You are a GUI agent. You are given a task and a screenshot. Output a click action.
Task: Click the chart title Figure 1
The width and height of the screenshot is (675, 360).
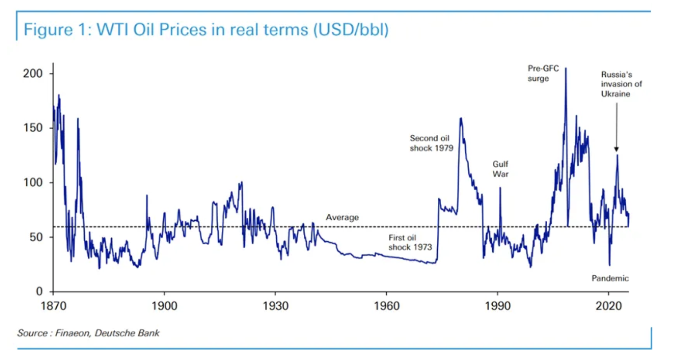[206, 30]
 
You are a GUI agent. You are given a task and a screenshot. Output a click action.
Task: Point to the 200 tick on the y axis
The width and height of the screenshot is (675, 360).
[33, 74]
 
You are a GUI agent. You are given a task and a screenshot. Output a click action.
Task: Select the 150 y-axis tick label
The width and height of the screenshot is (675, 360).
[33, 128]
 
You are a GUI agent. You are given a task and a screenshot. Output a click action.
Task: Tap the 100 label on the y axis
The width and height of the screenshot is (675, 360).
[33, 183]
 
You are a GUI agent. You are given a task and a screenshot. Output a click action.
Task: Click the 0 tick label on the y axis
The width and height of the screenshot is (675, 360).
[39, 292]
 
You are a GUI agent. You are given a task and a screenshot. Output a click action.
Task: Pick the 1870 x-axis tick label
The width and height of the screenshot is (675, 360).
[53, 306]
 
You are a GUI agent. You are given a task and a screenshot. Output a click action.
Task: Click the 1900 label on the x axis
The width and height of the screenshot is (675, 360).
[164, 306]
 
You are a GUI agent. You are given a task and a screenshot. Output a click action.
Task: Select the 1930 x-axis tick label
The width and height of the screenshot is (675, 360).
[275, 306]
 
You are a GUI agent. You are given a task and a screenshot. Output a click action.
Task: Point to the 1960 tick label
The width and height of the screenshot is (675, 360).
[386, 306]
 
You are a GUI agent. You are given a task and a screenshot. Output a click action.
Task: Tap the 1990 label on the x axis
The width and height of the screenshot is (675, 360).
[497, 306]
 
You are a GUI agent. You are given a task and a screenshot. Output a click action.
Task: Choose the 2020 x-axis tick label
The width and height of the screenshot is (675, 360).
[608, 306]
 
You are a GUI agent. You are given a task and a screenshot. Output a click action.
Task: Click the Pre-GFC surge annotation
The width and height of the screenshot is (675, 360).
[543, 74]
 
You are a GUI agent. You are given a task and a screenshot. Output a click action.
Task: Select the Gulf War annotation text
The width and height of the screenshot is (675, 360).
[500, 169]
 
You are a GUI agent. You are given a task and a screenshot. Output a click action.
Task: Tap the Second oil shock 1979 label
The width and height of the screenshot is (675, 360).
[431, 143]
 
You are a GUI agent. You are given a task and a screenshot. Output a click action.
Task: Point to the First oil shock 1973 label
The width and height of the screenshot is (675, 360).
[410, 243]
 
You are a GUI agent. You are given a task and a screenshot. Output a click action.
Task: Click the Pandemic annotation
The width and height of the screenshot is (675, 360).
[610, 278]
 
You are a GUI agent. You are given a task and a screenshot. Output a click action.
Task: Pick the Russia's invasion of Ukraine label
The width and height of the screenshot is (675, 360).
[621, 84]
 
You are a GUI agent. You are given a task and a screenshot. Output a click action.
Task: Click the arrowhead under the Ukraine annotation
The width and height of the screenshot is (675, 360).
[616, 149]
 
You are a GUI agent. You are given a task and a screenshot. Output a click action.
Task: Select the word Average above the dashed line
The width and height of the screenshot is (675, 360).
[342, 217]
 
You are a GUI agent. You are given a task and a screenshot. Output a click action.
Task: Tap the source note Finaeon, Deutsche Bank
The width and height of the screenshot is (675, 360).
[88, 333]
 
